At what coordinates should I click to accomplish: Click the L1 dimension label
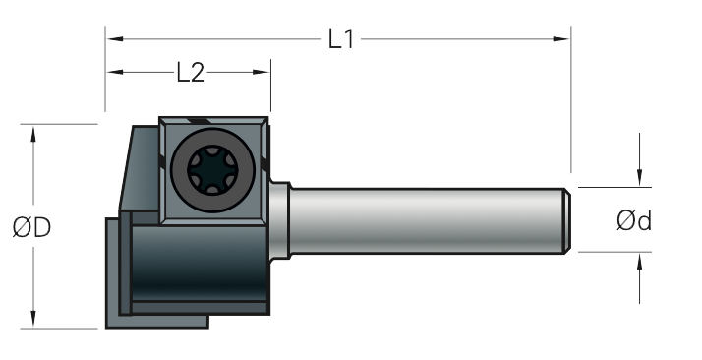pos(341,39)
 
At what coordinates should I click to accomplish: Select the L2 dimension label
pos(191,72)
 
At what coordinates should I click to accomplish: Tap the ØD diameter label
pos(31,227)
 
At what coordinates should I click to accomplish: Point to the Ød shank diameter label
pos(634,220)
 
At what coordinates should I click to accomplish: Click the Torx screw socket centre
pos(212,170)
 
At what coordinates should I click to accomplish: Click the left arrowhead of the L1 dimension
pos(115,39)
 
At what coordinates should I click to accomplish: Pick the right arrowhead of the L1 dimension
pos(561,39)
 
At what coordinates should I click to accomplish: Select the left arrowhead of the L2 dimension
pos(115,72)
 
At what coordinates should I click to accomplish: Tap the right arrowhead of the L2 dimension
pos(261,72)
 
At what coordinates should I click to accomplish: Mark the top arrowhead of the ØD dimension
pos(33,135)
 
